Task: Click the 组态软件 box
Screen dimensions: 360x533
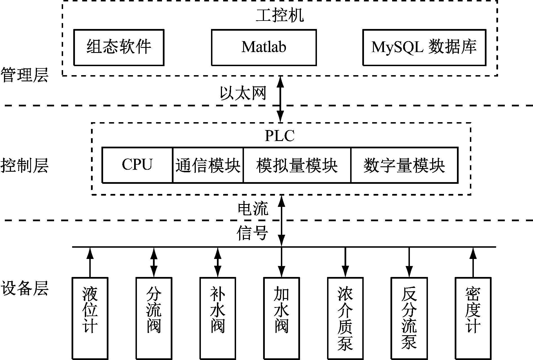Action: coord(119,47)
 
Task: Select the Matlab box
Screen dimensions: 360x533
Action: coord(264,47)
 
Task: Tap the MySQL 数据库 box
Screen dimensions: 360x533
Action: coord(424,47)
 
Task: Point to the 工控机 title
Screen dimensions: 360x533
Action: coord(280,15)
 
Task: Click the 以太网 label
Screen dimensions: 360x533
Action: coord(243,93)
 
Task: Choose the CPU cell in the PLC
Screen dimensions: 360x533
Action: coord(137,165)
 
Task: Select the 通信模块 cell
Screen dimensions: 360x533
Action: coord(208,165)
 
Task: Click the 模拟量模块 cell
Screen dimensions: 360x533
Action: coord(297,165)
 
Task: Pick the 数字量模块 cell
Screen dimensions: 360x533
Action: coord(404,165)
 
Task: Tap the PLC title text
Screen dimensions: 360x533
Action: coord(280,136)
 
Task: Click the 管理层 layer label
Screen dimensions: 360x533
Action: coord(25,75)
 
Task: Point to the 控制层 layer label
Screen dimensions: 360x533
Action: coord(25,165)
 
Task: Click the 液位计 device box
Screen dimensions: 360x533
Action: coord(90,318)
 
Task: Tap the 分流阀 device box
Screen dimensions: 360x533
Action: coord(154,318)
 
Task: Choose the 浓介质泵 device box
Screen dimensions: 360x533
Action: coord(345,318)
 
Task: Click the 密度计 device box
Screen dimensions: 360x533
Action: coord(473,318)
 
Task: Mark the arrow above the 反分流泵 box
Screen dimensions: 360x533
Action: coord(409,262)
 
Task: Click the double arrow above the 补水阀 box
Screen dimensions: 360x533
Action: coord(217,262)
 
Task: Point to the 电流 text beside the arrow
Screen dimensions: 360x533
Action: coord(253,209)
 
